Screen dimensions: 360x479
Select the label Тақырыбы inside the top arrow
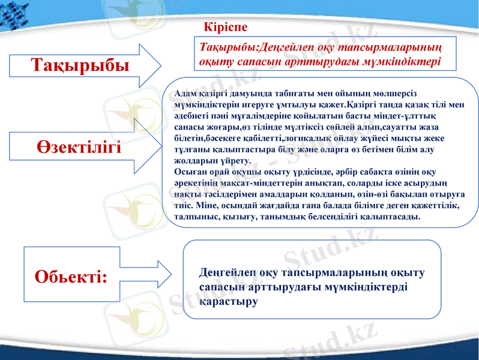[80, 65]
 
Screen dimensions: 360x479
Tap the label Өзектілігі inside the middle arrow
[77, 146]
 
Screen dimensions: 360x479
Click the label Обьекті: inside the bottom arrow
[71, 276]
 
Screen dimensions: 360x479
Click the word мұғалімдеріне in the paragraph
[261, 116]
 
